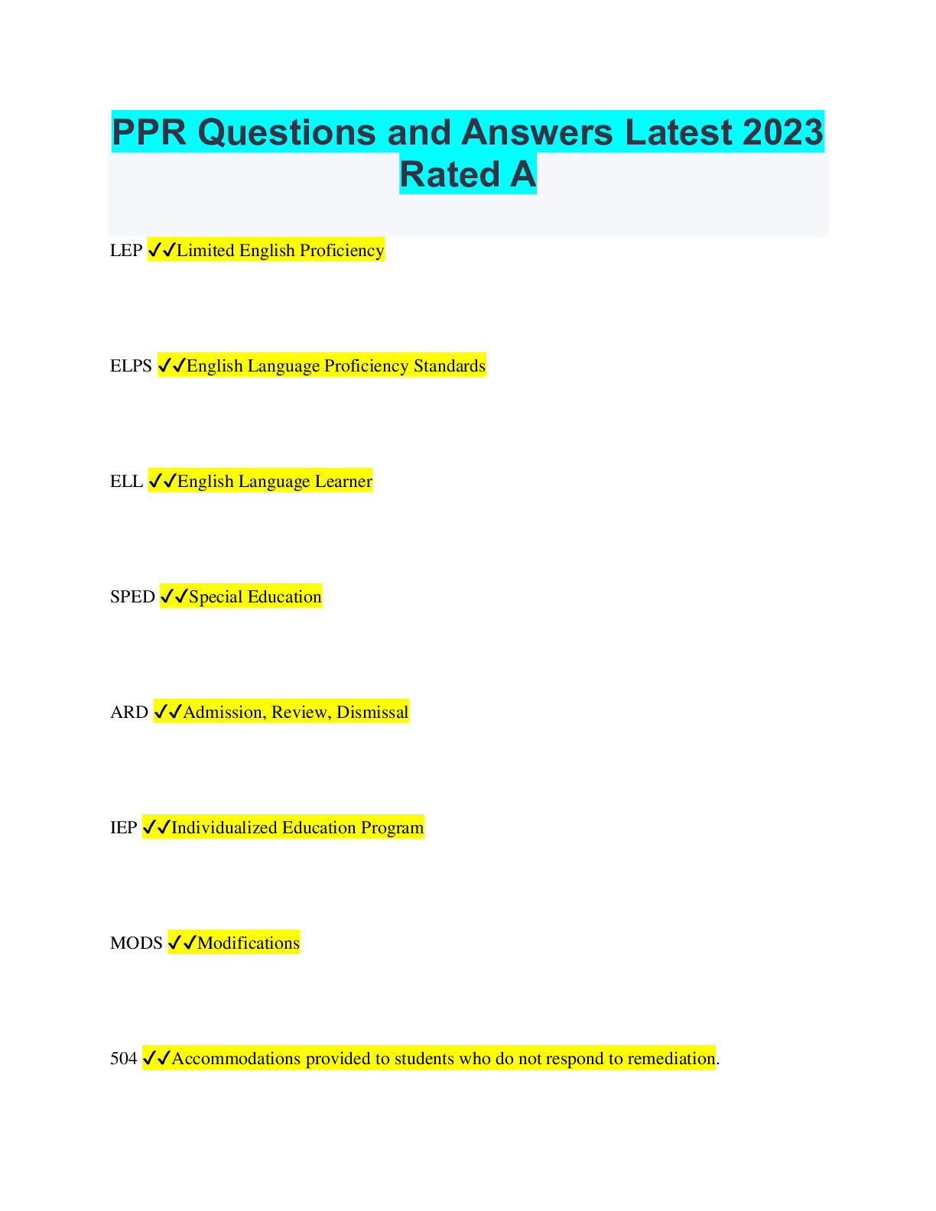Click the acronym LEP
pos(126,250)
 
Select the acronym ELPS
pos(131,365)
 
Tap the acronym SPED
pos(133,596)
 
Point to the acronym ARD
pos(129,712)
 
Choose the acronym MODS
pos(137,943)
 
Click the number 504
pos(124,1058)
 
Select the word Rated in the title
pos(450,174)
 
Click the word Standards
pos(450,365)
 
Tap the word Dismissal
pos(372,712)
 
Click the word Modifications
pos(249,943)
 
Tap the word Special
pos(216,597)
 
